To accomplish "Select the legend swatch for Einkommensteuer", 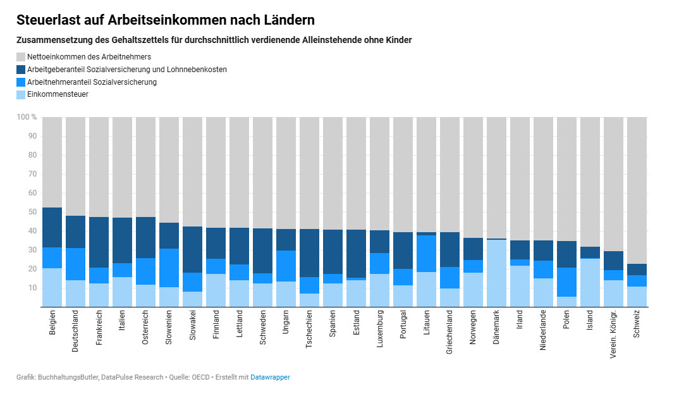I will pos(21,94).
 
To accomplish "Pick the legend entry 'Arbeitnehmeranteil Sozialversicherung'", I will pos(92,82).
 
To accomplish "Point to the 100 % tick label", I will pos(27,117).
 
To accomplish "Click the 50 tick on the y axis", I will pos(32,212).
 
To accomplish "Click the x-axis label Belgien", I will pos(52,322).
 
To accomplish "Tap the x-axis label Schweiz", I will pos(637,323).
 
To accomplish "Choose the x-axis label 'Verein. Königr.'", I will pos(614,333).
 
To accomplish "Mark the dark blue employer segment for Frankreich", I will pos(99,242).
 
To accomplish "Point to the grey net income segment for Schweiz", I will pos(637,190).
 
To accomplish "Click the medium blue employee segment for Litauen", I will pos(427,254).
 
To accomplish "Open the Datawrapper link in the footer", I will pos(270,378).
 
